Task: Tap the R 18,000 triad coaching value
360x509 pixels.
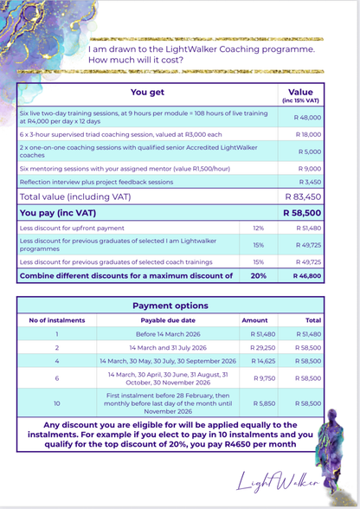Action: click(x=308, y=134)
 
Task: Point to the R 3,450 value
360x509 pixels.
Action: click(x=310, y=182)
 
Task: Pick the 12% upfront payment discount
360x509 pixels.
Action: click(x=257, y=227)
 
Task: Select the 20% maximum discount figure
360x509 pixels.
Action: click(x=257, y=276)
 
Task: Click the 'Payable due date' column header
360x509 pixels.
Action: click(x=168, y=319)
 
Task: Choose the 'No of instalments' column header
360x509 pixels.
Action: click(x=56, y=319)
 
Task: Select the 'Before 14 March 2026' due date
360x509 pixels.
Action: click(x=168, y=333)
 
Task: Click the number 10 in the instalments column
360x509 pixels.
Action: click(x=56, y=403)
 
